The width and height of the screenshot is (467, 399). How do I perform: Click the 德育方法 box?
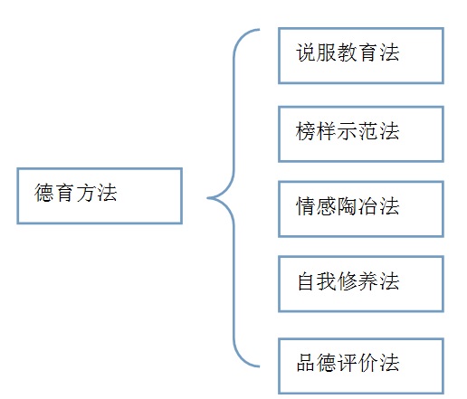click(x=100, y=195)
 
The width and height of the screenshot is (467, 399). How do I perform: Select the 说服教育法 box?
click(x=361, y=55)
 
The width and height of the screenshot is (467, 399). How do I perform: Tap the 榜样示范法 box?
click(x=361, y=134)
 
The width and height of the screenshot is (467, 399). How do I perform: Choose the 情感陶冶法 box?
click(x=361, y=209)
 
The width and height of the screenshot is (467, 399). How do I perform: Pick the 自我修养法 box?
click(x=361, y=284)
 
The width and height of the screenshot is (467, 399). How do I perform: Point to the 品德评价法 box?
click(x=361, y=366)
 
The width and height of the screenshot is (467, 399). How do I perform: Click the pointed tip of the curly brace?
click(x=208, y=198)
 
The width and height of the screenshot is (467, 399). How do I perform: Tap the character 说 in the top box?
click(x=306, y=52)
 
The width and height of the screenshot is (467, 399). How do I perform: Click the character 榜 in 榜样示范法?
click(x=306, y=131)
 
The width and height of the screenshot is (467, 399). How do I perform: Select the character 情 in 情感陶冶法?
click(x=306, y=206)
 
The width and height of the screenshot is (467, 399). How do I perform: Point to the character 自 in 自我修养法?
click(x=306, y=281)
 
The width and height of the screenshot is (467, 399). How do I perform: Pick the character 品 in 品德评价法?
click(x=306, y=363)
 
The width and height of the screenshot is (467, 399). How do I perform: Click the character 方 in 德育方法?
click(x=85, y=193)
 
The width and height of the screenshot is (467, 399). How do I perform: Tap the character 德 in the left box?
click(x=44, y=193)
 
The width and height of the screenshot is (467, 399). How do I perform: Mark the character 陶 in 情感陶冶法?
click(x=348, y=206)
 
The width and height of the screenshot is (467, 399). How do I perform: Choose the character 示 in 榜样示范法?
click(x=348, y=131)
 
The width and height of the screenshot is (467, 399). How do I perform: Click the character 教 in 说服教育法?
click(x=348, y=52)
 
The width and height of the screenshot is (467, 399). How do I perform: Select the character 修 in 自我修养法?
click(x=348, y=281)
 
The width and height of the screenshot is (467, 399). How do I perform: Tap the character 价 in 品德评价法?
click(x=368, y=363)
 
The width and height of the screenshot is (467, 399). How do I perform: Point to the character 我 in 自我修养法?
click(x=327, y=281)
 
